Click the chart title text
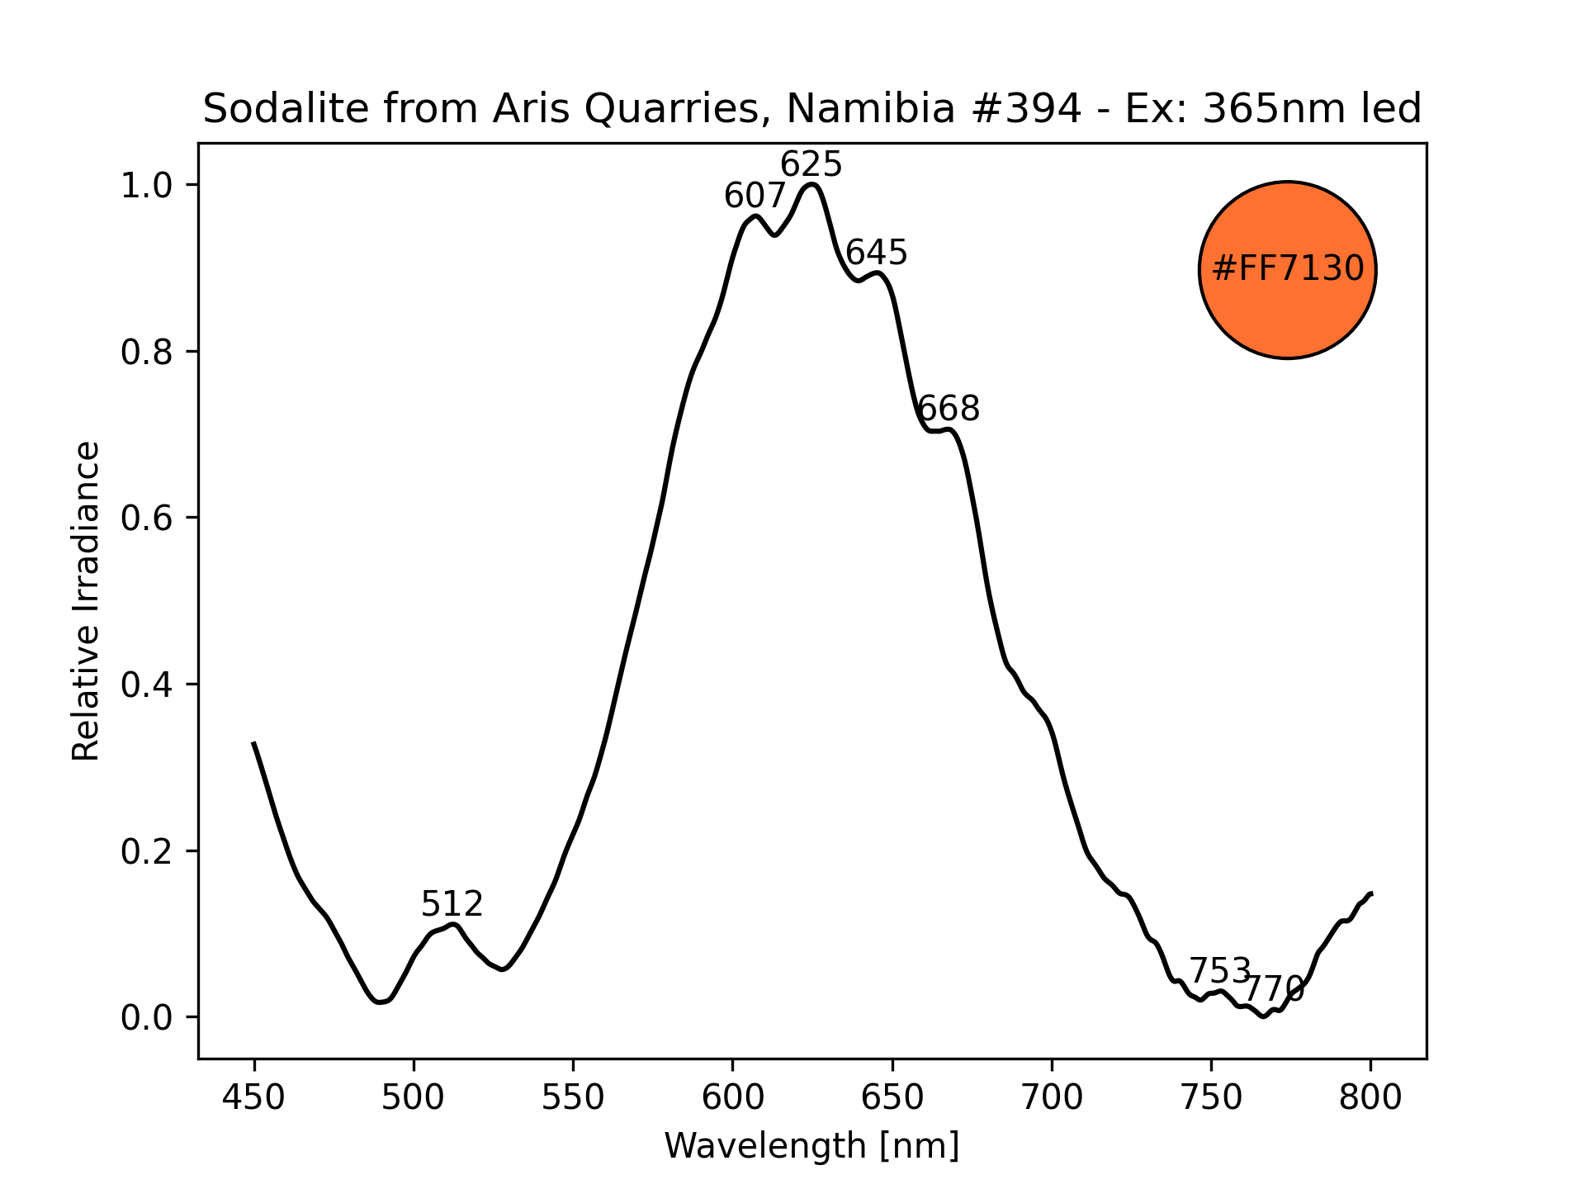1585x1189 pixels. tap(811, 109)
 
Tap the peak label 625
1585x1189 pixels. tap(811, 165)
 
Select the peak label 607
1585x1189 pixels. tap(755, 197)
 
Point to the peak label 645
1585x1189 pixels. tap(877, 253)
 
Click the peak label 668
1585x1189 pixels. tap(949, 410)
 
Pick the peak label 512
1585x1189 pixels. tap(452, 905)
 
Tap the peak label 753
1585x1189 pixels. tap(1220, 970)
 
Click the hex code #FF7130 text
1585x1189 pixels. tap(1287, 269)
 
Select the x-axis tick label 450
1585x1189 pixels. tap(254, 1098)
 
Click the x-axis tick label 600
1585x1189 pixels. tap(732, 1098)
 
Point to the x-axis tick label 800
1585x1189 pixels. tap(1370, 1098)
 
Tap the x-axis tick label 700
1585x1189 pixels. tap(1052, 1098)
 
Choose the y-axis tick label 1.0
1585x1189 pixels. tap(147, 186)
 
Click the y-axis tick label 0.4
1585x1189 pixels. tap(147, 685)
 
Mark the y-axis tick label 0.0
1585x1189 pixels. tap(147, 1018)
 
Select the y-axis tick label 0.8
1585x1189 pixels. tap(147, 353)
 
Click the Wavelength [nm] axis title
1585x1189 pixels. tap(811, 1146)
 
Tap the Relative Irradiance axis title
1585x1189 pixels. tap(87, 600)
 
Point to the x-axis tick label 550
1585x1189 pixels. tap(573, 1098)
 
